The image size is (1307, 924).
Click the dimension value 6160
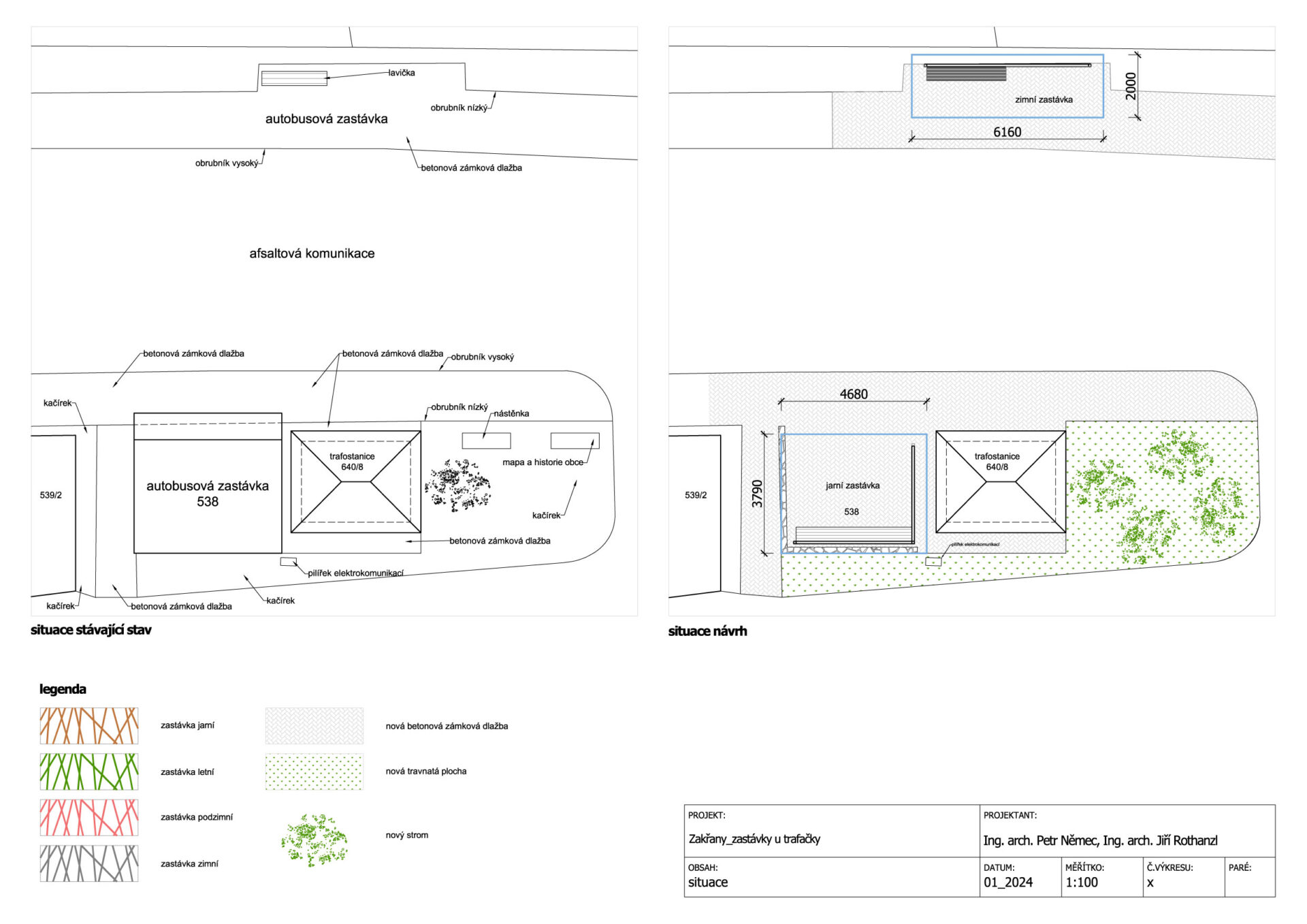[1007, 132]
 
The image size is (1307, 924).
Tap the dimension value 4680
[854, 394]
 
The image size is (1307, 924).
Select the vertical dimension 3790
[757, 494]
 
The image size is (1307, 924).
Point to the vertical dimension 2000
[1131, 86]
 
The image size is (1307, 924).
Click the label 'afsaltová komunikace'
[312, 253]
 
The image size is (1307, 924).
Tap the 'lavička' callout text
[402, 73]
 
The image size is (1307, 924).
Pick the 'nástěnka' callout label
[511, 413]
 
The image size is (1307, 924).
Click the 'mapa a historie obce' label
[543, 462]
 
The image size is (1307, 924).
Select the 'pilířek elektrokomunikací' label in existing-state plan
[355, 573]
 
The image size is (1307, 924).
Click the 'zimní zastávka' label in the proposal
[1044, 99]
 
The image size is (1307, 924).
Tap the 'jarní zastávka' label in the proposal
[852, 485]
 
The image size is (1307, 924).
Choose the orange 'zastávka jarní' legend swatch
[89, 726]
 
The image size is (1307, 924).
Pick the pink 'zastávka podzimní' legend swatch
[89, 818]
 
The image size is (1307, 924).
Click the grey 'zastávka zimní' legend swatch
[89, 863]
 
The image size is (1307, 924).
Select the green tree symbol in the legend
[314, 840]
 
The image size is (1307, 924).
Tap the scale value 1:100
[1082, 882]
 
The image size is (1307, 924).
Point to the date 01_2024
[1008, 882]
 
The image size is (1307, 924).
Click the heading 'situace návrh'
[707, 631]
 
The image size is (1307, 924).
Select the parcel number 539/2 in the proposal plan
[696, 495]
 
